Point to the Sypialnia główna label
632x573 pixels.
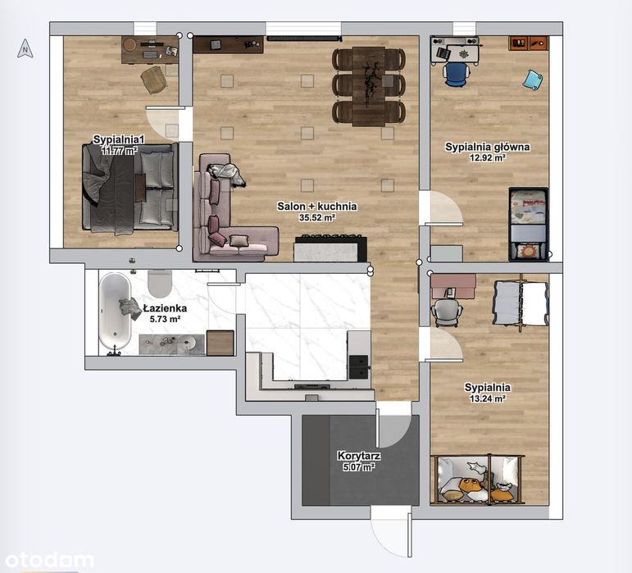tap(487, 148)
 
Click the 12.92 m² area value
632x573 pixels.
tap(487, 158)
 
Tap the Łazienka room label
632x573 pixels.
tap(165, 308)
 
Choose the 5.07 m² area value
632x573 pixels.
tap(357, 467)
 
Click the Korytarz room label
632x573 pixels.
tap(358, 456)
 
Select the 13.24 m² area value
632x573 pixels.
tap(487, 399)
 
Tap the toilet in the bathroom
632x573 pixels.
tap(161, 283)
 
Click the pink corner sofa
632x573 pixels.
tap(225, 221)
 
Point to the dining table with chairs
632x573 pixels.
tap(369, 85)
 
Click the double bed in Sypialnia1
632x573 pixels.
tap(130, 187)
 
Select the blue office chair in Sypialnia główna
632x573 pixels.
tap(455, 74)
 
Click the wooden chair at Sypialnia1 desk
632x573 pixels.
tap(153, 79)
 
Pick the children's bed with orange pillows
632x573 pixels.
tap(478, 479)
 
